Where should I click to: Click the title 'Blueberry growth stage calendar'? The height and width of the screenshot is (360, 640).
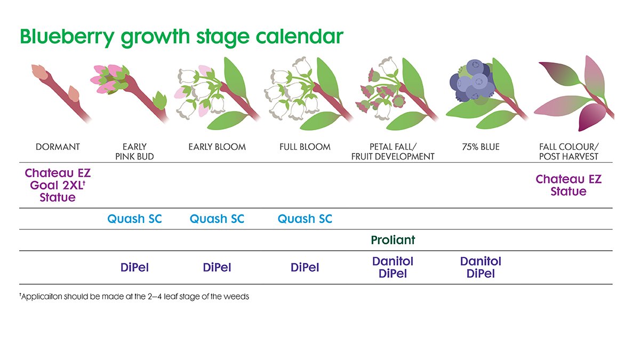tap(181, 37)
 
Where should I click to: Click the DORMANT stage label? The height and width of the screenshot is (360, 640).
tap(58, 147)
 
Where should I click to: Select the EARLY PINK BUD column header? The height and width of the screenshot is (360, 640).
tap(134, 151)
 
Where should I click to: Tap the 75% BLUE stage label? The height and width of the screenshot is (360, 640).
tap(481, 147)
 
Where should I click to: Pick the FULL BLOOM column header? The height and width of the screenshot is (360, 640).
tap(305, 147)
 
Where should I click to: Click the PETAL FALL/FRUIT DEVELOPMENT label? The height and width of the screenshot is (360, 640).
tap(393, 151)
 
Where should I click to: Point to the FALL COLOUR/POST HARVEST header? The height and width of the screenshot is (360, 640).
tap(569, 151)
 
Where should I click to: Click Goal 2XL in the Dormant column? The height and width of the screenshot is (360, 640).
tap(55, 186)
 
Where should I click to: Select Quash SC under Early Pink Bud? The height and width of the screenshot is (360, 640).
tap(134, 219)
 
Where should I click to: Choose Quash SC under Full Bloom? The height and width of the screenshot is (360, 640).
tap(305, 219)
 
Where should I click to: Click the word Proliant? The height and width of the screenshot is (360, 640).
tap(393, 240)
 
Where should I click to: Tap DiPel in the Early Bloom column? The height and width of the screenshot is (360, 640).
tap(217, 268)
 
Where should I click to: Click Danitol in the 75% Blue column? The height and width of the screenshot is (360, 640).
tap(481, 261)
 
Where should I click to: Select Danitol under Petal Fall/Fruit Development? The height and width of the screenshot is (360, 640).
tap(393, 261)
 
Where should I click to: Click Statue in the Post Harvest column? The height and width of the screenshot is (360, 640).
tap(569, 191)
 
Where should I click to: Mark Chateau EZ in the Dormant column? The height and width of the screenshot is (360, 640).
tap(58, 173)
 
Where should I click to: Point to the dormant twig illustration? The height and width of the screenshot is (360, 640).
tap(59, 91)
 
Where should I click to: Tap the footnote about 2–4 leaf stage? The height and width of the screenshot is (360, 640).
tap(134, 296)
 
